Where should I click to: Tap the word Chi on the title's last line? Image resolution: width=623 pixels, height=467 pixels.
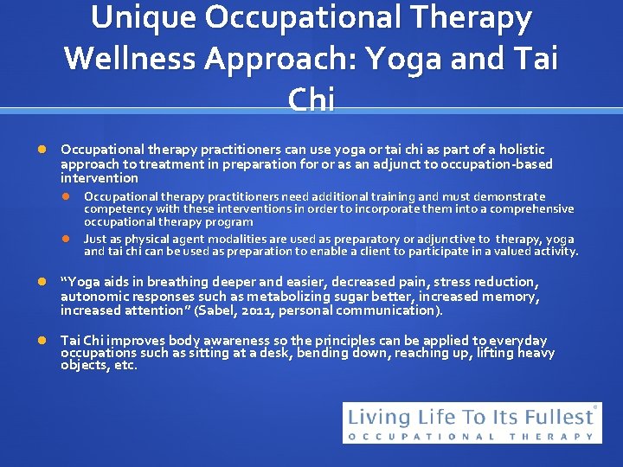tap(311, 99)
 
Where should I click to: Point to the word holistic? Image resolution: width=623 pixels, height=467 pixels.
tap(522, 150)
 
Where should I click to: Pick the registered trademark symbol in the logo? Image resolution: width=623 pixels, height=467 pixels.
tap(594, 406)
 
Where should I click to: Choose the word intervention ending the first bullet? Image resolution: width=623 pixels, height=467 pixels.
tap(99, 178)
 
